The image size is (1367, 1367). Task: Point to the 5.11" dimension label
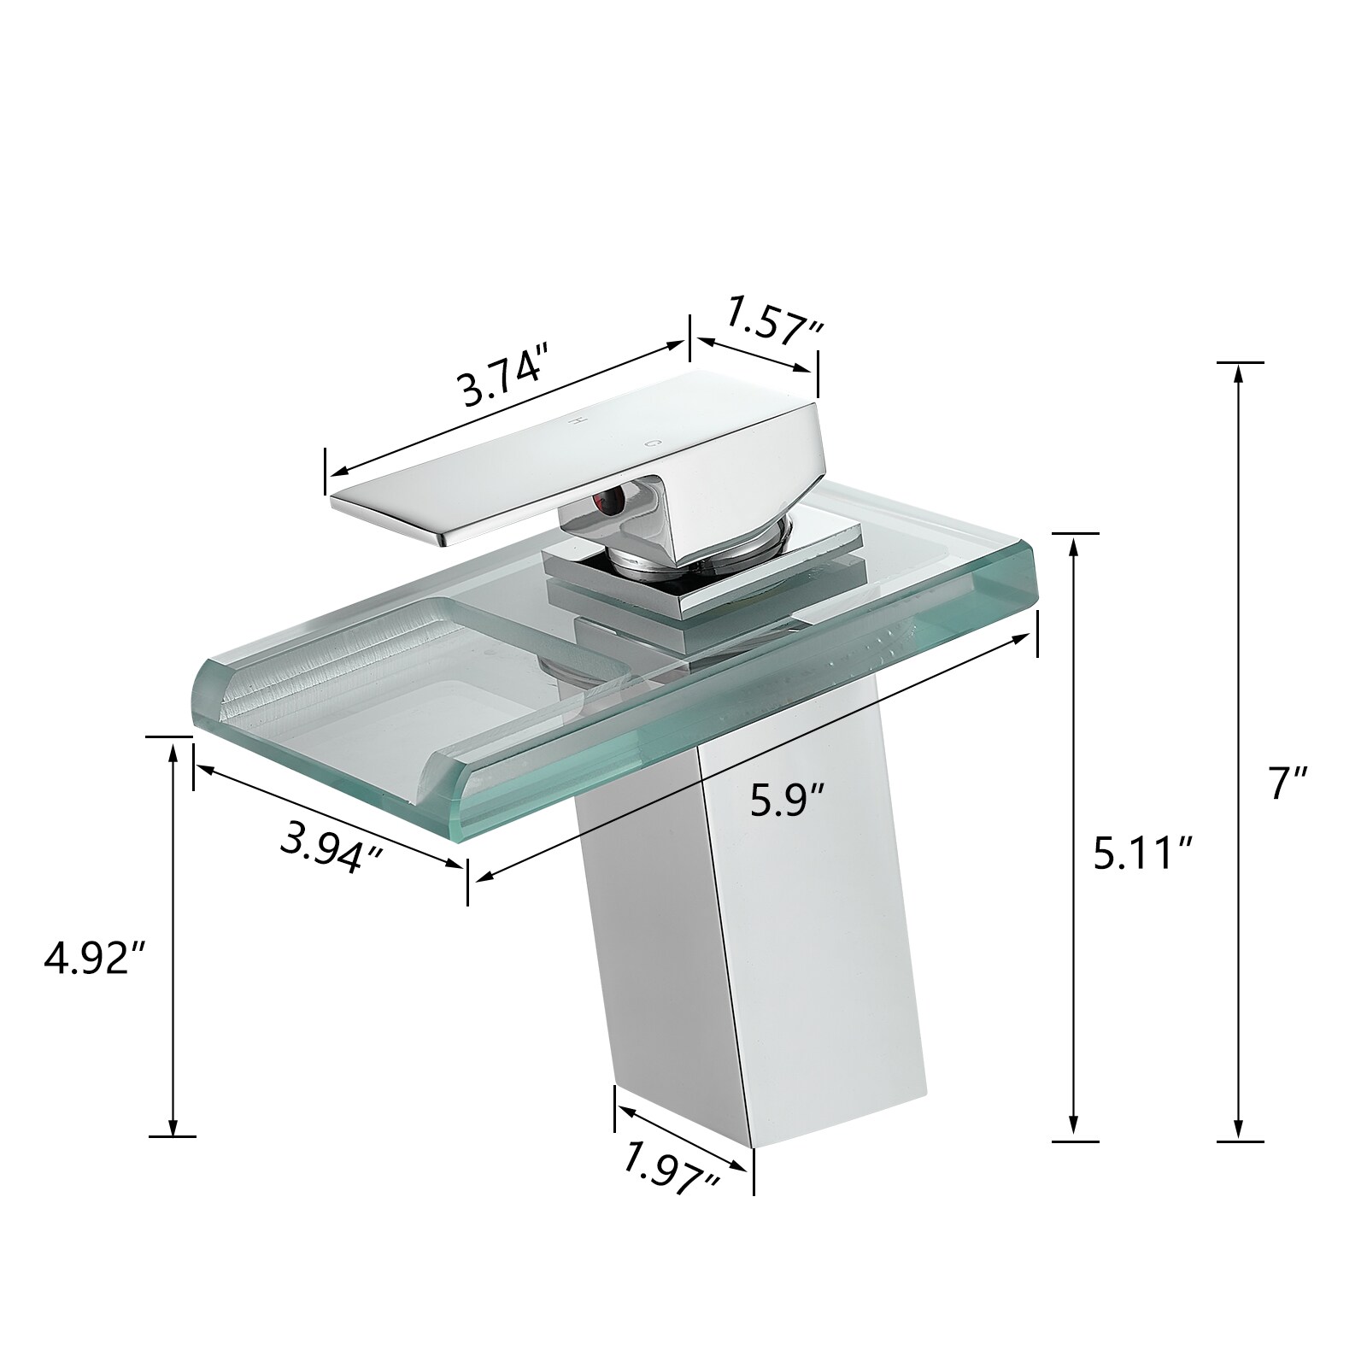pos(1143,853)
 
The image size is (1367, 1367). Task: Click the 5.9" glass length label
pos(788,801)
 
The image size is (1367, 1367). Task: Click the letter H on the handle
pos(577,421)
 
